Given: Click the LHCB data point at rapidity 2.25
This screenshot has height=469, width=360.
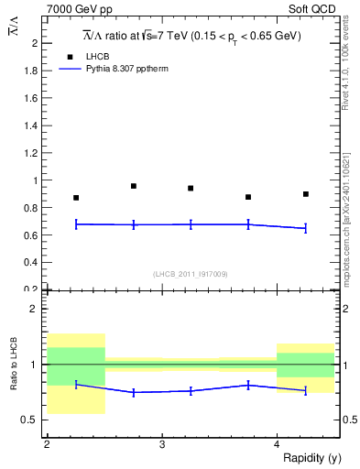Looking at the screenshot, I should pyautogui.click(x=76, y=198).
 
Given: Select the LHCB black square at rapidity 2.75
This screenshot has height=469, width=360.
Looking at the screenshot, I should pyautogui.click(x=134, y=186).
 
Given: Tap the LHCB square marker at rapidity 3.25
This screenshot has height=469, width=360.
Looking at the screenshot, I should pyautogui.click(x=191, y=189).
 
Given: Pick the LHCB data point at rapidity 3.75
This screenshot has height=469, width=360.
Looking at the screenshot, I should pyautogui.click(x=248, y=197).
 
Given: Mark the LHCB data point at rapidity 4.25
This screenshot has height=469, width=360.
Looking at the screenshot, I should pyautogui.click(x=306, y=194).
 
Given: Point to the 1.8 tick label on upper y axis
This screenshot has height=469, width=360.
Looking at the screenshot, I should pyautogui.click(x=32, y=71).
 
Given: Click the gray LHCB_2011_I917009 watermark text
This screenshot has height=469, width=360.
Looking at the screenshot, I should pyautogui.click(x=191, y=274).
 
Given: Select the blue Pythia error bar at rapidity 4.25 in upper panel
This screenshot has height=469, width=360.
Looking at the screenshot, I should pyautogui.click(x=306, y=228).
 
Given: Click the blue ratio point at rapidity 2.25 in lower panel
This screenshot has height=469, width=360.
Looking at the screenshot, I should pyautogui.click(x=76, y=384).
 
